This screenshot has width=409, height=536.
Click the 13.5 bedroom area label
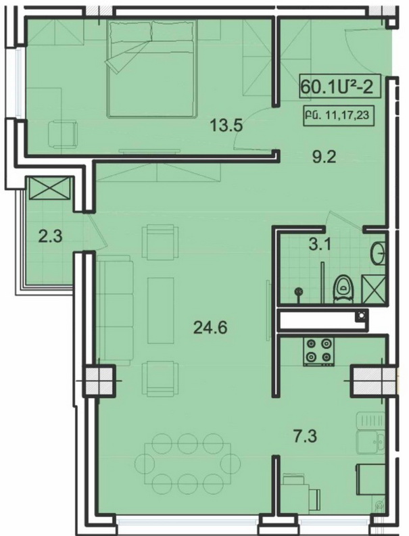[226, 126]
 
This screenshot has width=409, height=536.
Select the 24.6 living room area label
[210, 328]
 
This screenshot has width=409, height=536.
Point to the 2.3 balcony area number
[50, 237]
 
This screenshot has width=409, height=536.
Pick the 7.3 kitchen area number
[306, 437]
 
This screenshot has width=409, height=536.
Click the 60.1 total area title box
[335, 87]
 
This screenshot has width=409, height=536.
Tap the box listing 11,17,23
[337, 116]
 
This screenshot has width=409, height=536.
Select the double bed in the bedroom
[153, 69]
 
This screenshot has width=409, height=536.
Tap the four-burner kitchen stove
[318, 351]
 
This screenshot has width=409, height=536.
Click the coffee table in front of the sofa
[161, 310]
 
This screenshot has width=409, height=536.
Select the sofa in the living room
[114, 310]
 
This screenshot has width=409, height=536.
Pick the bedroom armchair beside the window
[63, 134]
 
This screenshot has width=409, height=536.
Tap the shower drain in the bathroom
[299, 291]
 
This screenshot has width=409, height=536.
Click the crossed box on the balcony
[50, 188]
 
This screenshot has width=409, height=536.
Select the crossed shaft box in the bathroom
[374, 289]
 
